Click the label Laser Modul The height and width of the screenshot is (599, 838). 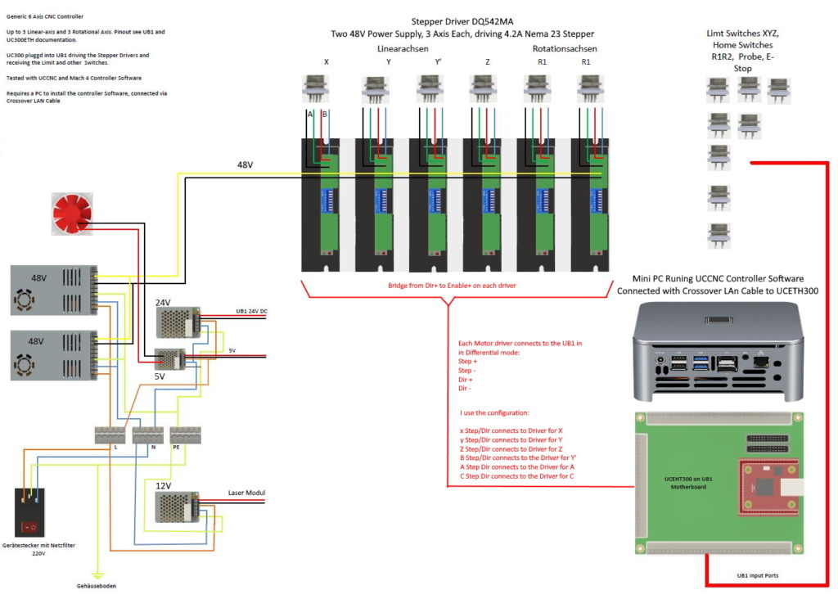(x=247, y=493)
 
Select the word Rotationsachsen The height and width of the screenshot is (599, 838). (x=565, y=48)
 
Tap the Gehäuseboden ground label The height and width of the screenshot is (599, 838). (x=96, y=586)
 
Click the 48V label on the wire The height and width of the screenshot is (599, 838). (x=246, y=165)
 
